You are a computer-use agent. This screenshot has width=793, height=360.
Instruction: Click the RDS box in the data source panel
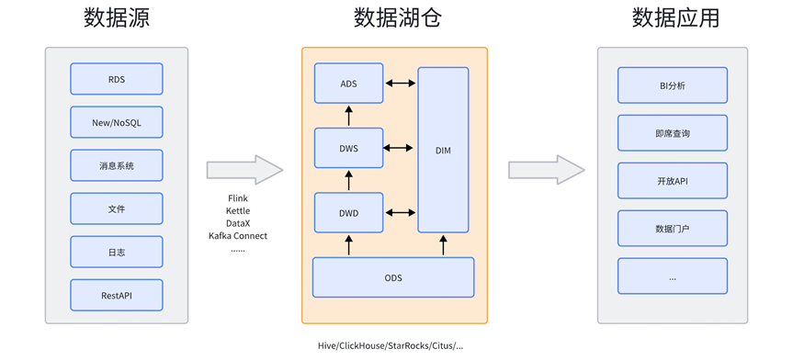[x=117, y=79]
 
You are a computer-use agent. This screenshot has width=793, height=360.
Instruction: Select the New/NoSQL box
[x=117, y=122]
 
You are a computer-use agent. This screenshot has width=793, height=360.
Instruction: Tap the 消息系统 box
[x=117, y=165]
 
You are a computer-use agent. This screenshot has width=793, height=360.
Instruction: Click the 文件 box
[x=117, y=208]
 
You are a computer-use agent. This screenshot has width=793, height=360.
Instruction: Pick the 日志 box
[x=117, y=252]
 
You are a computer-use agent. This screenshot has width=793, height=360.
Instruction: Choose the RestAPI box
[x=117, y=295]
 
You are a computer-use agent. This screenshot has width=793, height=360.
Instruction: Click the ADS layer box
[x=348, y=84]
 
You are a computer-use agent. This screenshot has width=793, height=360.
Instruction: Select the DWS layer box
[x=348, y=148]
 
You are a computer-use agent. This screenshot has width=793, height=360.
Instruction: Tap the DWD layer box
[x=348, y=213]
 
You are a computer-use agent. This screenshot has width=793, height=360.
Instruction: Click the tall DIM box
[x=443, y=150]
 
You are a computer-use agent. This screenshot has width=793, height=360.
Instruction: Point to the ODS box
[x=393, y=277]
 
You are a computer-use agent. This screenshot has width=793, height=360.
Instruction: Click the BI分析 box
[x=672, y=85]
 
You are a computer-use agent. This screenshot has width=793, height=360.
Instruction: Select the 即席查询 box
[x=672, y=133]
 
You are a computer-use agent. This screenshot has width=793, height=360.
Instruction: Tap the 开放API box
[x=672, y=181]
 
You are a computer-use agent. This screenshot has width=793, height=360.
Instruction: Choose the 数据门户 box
[x=672, y=229]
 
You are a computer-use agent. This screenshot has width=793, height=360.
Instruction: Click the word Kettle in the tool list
[x=238, y=211]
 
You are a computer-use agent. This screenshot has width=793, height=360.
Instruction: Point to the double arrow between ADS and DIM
[x=401, y=84]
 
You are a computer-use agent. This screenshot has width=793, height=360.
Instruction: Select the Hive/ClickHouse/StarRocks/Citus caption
[x=391, y=346]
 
